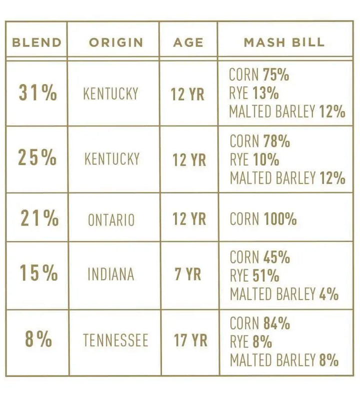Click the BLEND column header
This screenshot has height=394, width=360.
click(36, 42)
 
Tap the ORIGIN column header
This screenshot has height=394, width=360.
click(115, 42)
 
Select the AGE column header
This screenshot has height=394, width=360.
click(188, 42)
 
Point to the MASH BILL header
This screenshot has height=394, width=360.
click(284, 42)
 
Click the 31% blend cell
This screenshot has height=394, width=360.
click(38, 93)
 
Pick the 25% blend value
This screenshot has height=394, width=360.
click(37, 158)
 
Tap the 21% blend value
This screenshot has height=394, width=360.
click(39, 218)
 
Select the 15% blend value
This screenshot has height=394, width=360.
click(38, 273)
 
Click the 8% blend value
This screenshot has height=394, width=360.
click(38, 339)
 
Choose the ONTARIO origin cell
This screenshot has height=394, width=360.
click(111, 219)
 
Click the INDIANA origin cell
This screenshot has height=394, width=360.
click(110, 274)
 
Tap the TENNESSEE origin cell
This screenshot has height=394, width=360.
click(115, 340)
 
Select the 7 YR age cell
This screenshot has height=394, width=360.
click(188, 274)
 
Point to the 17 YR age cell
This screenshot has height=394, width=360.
click(190, 340)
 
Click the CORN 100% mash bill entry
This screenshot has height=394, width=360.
click(263, 219)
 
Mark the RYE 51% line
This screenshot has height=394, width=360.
click(254, 275)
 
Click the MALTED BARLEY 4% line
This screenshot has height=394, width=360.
click(284, 293)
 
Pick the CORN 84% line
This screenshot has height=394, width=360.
click(259, 323)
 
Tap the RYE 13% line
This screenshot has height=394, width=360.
click(254, 93)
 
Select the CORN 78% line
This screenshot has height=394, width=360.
click(259, 141)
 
